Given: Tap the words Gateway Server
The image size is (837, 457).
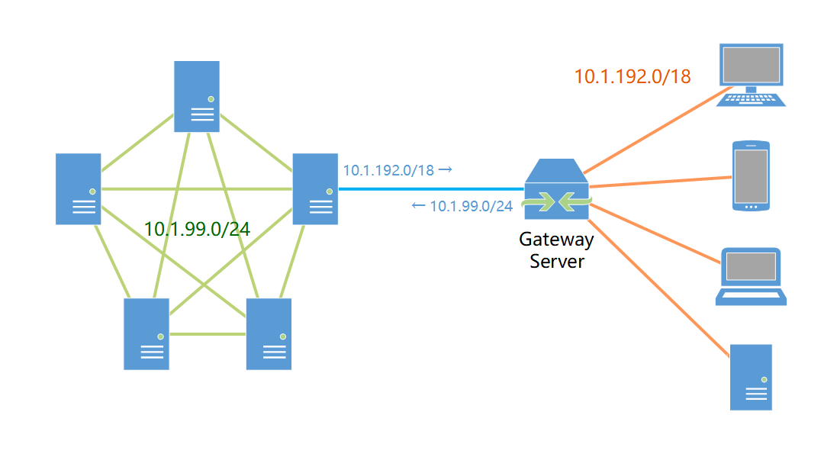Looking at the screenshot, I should (556, 250).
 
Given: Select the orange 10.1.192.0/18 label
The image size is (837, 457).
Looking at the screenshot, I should (633, 76).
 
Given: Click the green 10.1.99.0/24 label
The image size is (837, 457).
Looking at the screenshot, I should (197, 229).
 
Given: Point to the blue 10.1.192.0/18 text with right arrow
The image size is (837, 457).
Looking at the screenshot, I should (398, 170).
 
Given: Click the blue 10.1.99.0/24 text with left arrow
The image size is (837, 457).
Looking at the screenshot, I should (462, 206).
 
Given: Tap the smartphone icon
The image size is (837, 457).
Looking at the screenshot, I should (751, 175).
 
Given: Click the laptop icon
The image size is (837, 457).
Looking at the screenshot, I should (751, 276).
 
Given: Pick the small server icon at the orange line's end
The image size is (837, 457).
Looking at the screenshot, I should (751, 377).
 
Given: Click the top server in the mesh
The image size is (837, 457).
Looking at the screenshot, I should (196, 96).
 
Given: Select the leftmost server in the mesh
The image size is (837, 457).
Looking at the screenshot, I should (78, 188).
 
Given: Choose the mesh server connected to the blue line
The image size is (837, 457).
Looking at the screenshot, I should (315, 188).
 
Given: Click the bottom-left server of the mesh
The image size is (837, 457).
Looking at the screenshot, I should (146, 333).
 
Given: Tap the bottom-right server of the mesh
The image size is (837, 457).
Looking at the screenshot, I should (269, 333).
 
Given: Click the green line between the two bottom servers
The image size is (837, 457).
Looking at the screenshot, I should (208, 334).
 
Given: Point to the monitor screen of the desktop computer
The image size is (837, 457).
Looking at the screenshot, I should (751, 65).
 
